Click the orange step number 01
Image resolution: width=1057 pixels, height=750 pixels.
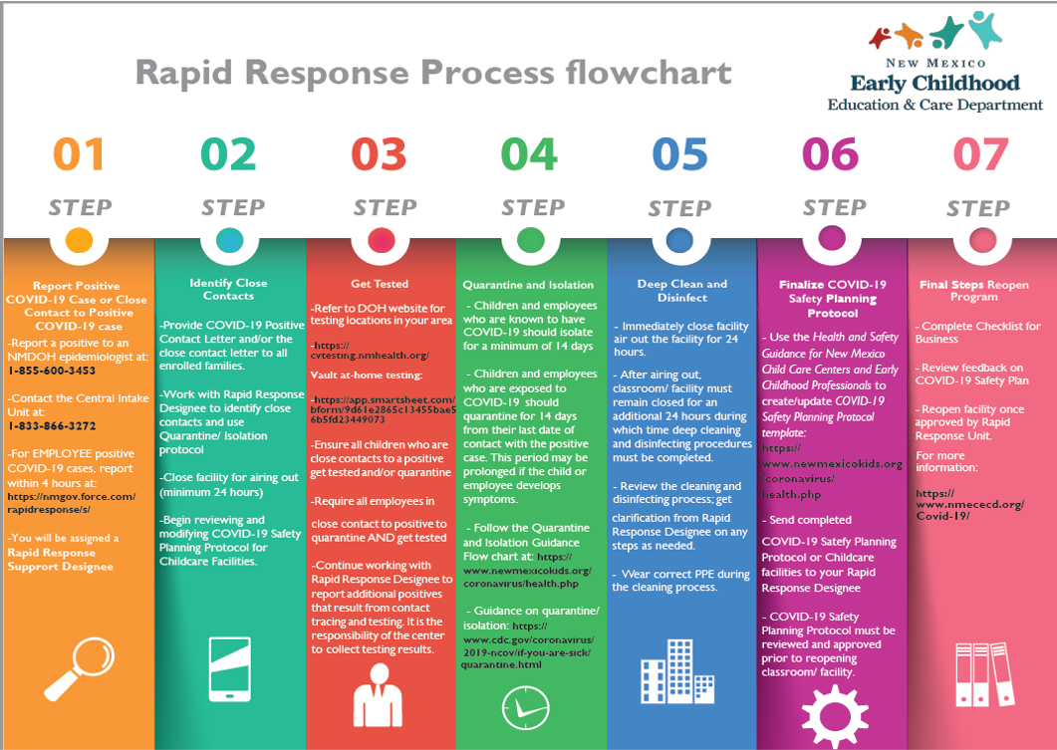(79, 154)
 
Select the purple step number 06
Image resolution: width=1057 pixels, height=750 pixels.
(831, 154)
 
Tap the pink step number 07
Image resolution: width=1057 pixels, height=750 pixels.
(980, 154)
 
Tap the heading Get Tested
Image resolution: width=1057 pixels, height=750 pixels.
(381, 284)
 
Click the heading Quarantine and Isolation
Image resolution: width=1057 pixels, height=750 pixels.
(530, 284)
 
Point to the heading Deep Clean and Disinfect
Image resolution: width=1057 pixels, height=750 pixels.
(682, 290)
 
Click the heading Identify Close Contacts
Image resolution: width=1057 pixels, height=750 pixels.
(229, 289)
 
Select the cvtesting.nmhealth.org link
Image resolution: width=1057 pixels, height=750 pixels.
(370, 356)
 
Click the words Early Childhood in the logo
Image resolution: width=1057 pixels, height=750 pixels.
(934, 83)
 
